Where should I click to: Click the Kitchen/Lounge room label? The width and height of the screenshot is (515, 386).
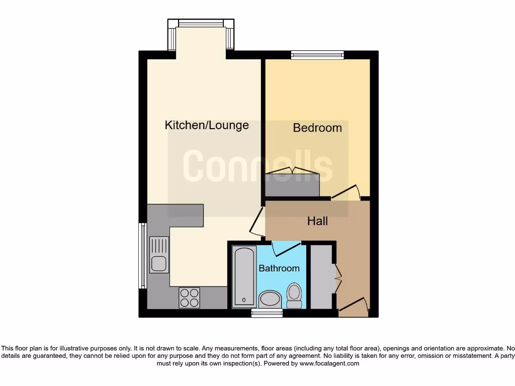tap(207, 125)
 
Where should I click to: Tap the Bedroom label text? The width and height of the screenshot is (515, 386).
tap(317, 128)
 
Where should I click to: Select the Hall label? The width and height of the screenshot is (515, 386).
tap(317, 221)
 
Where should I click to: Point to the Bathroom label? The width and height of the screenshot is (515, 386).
tap(279, 268)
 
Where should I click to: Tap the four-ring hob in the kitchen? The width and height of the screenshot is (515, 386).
tap(189, 297)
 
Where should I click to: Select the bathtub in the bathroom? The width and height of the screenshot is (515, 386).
tap(245, 276)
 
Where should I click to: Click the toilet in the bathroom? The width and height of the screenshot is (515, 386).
tap(294, 295)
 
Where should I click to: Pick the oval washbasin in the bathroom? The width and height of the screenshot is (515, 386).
tap(271, 300)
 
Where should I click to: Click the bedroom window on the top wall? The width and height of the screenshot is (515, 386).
tap(317, 55)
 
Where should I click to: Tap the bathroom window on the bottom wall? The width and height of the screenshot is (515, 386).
tap(267, 313)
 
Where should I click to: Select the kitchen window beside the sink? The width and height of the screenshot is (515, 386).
tap(142, 256)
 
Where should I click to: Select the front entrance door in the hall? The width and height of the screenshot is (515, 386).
tap(353, 306)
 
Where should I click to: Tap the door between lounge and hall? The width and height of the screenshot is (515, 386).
tap(257, 222)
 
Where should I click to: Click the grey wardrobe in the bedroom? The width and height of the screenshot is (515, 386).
tap(292, 184)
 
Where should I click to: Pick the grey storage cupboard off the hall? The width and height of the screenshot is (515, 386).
tap(322, 276)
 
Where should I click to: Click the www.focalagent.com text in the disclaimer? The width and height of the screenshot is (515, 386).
tap(329, 363)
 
